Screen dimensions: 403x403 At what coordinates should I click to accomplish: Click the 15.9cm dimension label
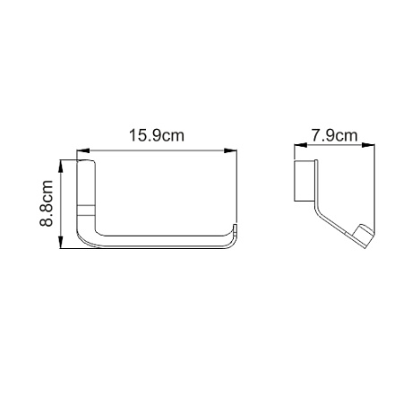coord(157,135)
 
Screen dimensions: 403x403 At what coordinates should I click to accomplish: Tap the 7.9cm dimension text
coord(334,135)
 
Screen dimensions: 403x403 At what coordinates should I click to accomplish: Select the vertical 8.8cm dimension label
coord(47,203)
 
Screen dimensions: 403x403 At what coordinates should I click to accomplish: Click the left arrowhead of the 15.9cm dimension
coord(83,150)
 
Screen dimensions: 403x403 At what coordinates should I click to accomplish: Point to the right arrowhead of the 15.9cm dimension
coord(230,150)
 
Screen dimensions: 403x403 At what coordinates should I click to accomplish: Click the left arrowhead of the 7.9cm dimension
coord(301,145)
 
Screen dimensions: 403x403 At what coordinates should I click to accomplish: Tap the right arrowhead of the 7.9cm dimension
coord(368,145)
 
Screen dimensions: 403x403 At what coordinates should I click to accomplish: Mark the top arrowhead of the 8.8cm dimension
coord(61,167)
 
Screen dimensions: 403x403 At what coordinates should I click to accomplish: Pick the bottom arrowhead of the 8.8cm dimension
coord(61,242)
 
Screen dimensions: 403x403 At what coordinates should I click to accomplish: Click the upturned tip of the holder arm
coord(236,227)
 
